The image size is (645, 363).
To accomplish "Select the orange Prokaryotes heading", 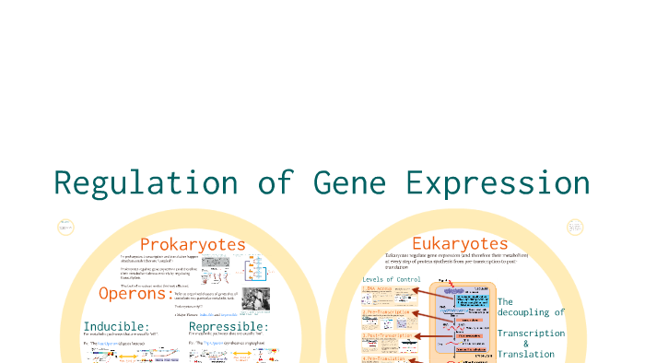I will click(x=193, y=244).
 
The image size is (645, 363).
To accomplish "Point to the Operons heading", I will click(x=133, y=294).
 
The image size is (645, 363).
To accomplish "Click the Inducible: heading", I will click(x=116, y=327).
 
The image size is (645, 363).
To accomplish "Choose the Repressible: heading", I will click(x=229, y=327).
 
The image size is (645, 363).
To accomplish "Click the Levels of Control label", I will click(x=392, y=279).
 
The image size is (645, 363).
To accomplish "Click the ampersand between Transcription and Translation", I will click(x=526, y=344).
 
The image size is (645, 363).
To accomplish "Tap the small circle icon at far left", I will click(x=64, y=228).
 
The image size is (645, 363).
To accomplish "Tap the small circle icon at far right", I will click(x=576, y=227).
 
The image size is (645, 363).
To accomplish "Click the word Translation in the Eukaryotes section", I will click(x=526, y=355).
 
